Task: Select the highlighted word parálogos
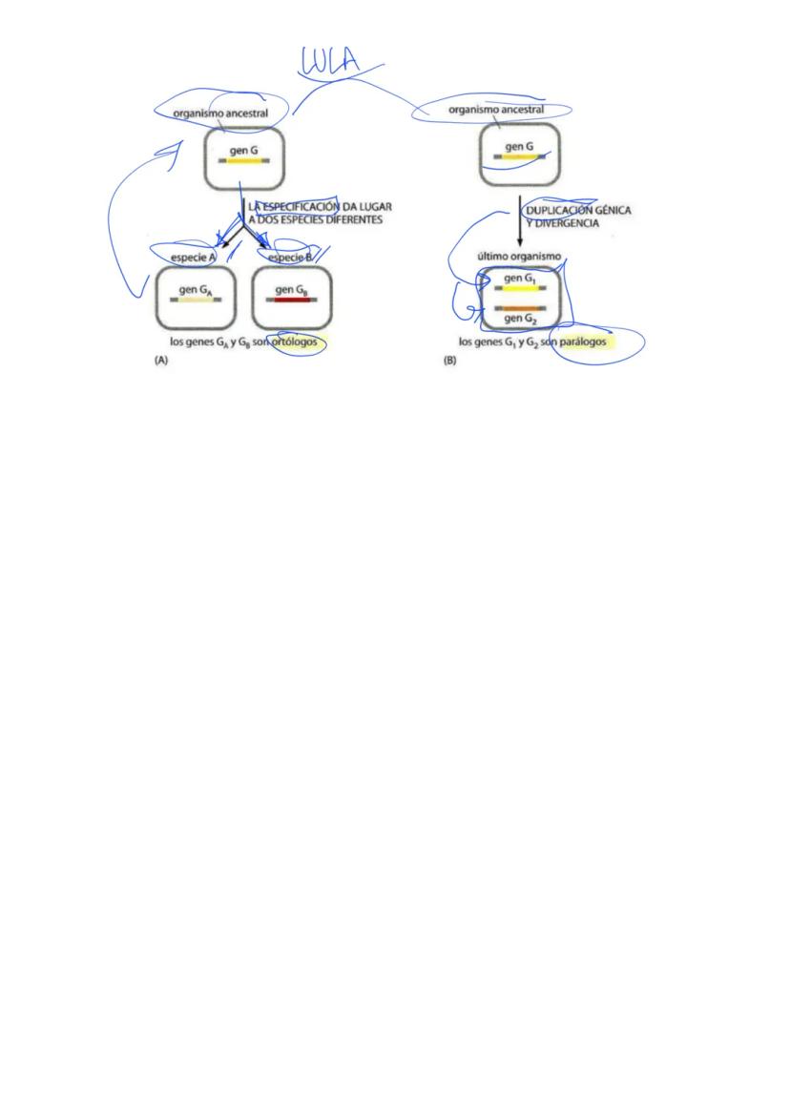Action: click(x=584, y=341)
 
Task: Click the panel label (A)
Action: click(x=161, y=362)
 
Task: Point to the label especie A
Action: click(x=194, y=259)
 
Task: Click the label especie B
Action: click(x=291, y=259)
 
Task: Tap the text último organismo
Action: click(x=519, y=257)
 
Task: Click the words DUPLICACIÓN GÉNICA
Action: click(x=578, y=209)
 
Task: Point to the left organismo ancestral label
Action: click(x=220, y=113)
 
